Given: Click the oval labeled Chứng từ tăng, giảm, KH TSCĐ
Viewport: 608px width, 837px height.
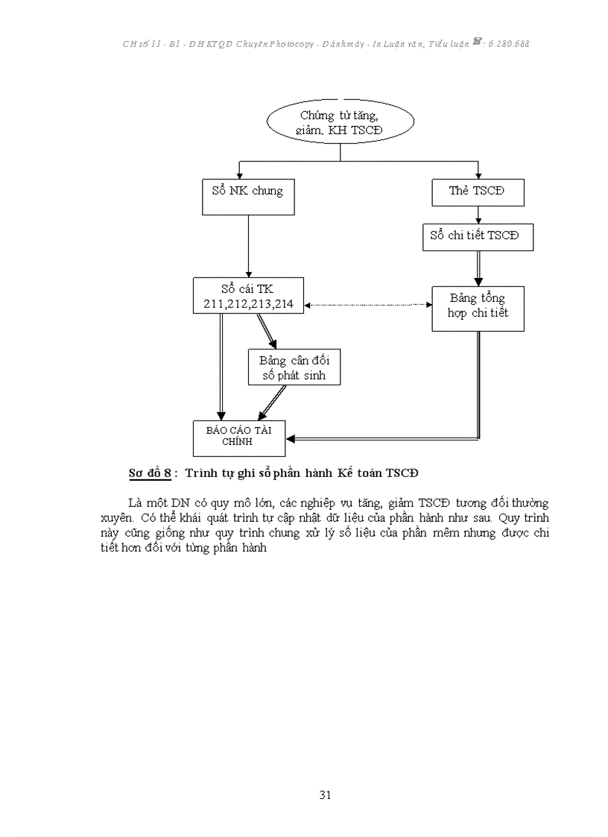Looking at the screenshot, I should coord(340,123).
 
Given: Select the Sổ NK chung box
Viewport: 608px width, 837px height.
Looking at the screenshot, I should coord(247,197).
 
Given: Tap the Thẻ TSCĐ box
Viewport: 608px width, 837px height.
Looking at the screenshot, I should coord(478,192).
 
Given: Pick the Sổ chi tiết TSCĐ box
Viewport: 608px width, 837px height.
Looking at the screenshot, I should coord(478,236).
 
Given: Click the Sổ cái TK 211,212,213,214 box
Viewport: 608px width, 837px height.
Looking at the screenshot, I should coord(248,296).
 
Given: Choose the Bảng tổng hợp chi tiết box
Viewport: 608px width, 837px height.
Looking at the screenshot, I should coord(478,308).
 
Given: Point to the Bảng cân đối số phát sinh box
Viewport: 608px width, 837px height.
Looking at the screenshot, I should coord(294,367).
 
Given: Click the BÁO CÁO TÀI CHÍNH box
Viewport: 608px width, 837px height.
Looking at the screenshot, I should coord(238,438).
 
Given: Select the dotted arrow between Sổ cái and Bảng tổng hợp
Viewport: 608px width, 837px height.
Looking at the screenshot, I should coord(368,305).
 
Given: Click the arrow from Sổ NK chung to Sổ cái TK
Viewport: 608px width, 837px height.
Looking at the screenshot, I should coord(248,246).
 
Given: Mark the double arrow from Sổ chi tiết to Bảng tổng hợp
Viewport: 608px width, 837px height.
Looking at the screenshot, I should coord(478,268).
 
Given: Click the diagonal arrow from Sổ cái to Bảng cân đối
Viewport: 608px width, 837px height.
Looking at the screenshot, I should coord(267,331).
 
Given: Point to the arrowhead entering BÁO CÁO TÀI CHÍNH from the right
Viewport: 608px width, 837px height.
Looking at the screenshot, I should coord(291,439).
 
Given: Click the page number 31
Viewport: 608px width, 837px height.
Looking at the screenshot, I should coord(325,795).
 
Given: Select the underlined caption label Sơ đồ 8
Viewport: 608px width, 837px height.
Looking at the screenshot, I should coord(150,473).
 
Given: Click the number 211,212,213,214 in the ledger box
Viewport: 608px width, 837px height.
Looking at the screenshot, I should coord(248,304).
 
